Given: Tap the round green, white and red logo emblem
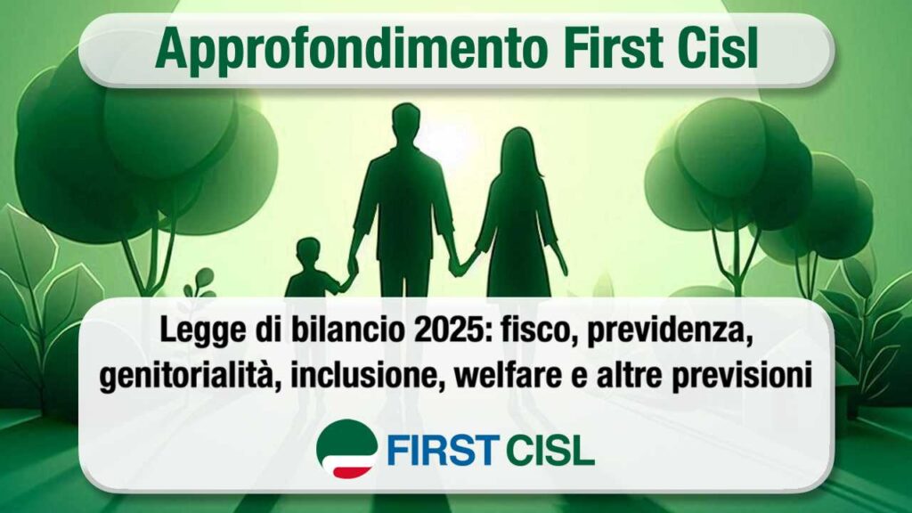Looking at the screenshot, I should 346,447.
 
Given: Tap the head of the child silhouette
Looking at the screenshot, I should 308,252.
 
